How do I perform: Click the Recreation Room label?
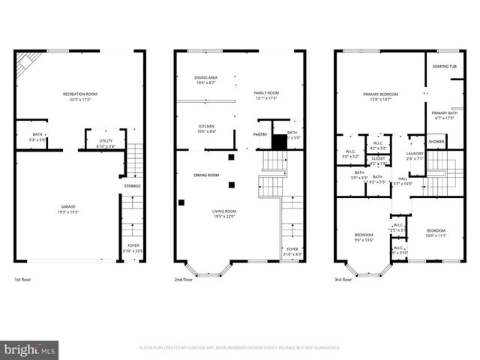[80, 94]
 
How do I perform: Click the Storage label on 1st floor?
[132, 185]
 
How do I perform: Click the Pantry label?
[260, 134]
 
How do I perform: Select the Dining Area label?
[205, 78]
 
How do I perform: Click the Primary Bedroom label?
[380, 94]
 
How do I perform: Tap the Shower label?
[436, 141]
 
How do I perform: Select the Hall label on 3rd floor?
[403, 178]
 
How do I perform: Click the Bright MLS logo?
[29, 349]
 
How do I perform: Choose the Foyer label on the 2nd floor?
[292, 249]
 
